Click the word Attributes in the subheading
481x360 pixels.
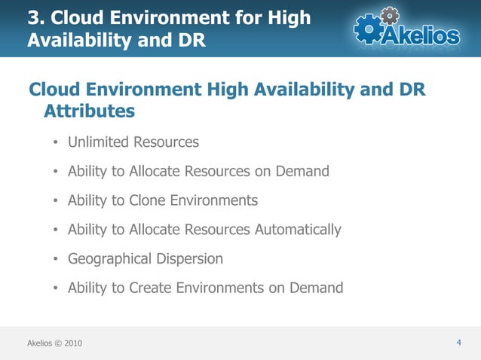(x=90, y=111)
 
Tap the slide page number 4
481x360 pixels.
(x=458, y=343)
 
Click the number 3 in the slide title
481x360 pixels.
(x=33, y=17)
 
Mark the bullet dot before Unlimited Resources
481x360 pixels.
(x=56, y=143)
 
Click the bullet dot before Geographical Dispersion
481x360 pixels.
(x=56, y=260)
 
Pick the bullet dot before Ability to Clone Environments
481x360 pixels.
(x=56, y=201)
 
